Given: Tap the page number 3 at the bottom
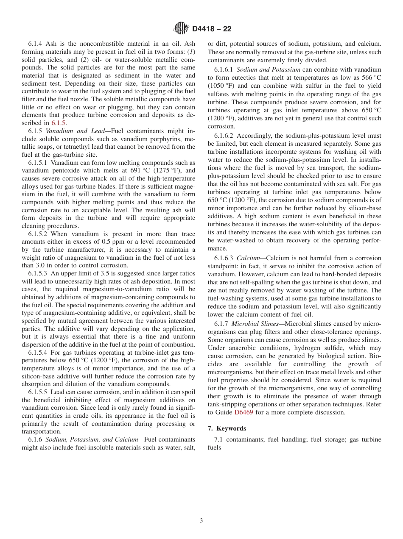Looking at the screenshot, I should tap(201, 521).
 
